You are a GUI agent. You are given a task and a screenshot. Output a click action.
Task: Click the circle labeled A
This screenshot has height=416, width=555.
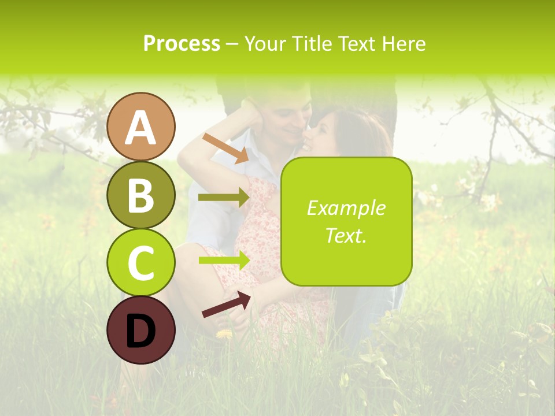coord(141,127)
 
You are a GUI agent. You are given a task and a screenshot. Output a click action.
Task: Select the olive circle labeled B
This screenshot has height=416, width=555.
coord(141,195)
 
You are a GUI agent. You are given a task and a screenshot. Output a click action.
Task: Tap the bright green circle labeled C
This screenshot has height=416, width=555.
coord(141,262)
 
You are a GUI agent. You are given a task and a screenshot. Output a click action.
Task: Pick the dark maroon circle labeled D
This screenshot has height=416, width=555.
coord(141,330)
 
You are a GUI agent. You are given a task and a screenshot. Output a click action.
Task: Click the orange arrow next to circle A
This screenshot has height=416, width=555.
coord(225,148)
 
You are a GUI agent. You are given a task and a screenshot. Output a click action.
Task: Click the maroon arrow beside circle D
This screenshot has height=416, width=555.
coord(226,304)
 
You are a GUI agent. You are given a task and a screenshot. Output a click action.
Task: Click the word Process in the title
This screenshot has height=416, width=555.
coord(182,43)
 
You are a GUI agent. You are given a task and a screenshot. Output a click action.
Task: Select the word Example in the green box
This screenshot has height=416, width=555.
coord(346,208)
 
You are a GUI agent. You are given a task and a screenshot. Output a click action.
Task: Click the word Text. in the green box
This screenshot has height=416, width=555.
coord(346,235)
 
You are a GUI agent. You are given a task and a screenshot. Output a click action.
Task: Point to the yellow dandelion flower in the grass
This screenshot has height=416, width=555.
coord(224,333)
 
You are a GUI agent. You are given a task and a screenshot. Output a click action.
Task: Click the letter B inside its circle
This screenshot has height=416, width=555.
coord(141,195)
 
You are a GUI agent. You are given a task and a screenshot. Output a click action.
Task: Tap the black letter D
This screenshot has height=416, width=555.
coord(141,330)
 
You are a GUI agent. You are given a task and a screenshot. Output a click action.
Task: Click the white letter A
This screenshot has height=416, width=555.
coord(141,127)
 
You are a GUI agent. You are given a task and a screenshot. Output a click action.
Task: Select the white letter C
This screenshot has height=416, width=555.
coord(141,263)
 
